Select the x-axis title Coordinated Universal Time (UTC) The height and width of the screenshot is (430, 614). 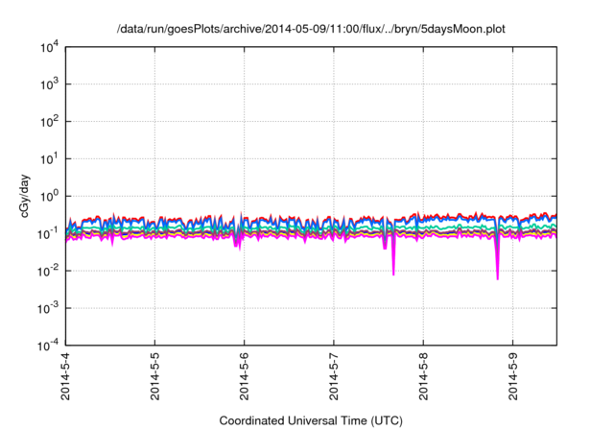pos(310,420)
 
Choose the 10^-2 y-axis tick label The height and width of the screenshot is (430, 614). pos(47,272)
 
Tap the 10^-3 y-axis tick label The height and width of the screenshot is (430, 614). pos(47,309)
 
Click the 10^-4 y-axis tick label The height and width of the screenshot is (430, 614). pos(47,346)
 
